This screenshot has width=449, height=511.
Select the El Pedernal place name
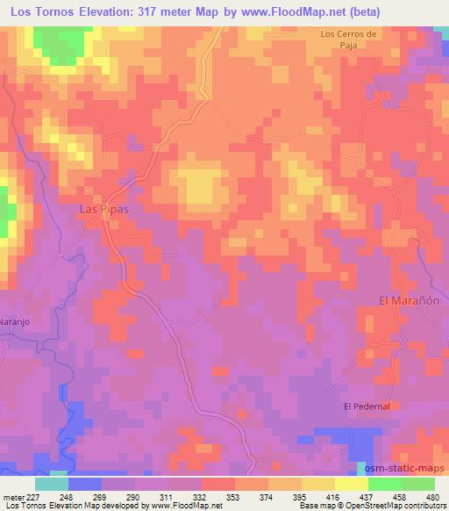pyautogui.click(x=367, y=406)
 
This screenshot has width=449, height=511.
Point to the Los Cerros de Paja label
pyautogui.click(x=349, y=40)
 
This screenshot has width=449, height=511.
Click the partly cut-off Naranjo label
pyautogui.click(x=15, y=321)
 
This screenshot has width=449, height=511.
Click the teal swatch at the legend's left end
pyautogui.click(x=52, y=483)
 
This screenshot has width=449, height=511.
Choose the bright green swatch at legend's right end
pyautogui.click(x=418, y=483)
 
